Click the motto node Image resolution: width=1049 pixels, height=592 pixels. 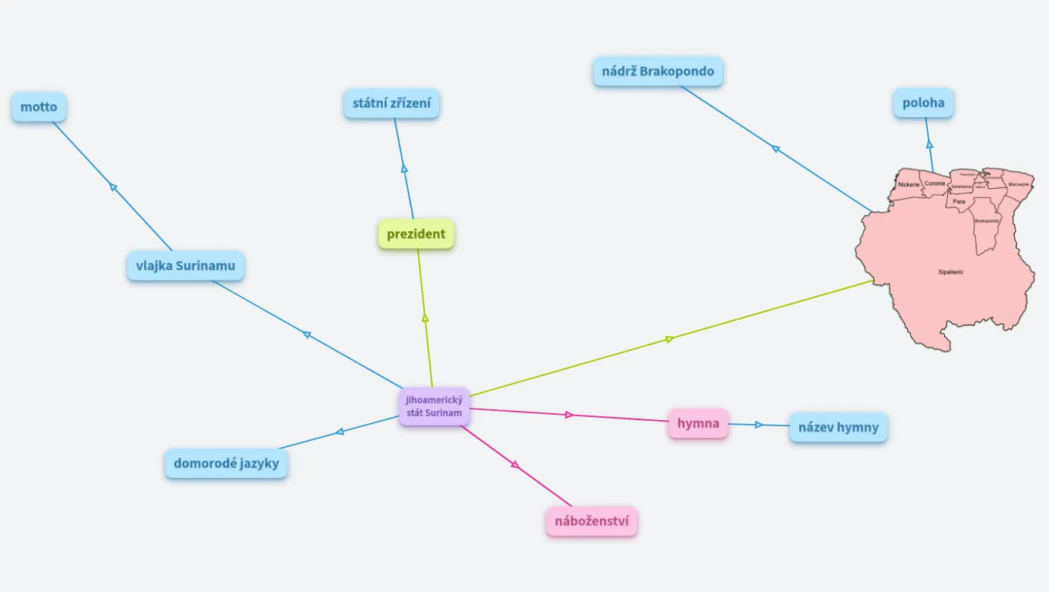(39, 107)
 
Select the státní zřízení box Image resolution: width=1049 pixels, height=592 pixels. (391, 103)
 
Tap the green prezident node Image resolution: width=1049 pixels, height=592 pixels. (416, 234)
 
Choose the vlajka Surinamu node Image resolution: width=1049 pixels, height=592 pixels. (185, 266)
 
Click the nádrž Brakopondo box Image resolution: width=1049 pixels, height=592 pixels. (658, 72)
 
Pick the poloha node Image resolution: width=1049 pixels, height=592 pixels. (923, 103)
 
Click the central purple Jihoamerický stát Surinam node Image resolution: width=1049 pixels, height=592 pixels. (434, 406)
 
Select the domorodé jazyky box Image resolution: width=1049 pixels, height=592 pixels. (226, 464)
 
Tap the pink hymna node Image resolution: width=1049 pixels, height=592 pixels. (698, 423)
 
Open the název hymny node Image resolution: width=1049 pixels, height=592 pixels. (838, 427)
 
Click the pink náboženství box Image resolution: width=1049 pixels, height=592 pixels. (592, 521)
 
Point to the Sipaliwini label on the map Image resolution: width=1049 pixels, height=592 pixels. (950, 272)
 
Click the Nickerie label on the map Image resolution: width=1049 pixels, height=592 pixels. (909, 185)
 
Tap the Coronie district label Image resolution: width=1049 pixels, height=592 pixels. (935, 183)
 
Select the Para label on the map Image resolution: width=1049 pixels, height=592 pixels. (959, 201)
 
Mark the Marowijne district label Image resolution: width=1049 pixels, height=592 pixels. (1018, 185)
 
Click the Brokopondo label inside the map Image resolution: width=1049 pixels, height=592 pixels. (987, 221)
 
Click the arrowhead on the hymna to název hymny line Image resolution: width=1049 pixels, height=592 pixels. (759, 425)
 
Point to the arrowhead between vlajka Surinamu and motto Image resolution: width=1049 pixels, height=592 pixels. (113, 187)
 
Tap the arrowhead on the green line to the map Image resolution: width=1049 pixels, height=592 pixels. (670, 338)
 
